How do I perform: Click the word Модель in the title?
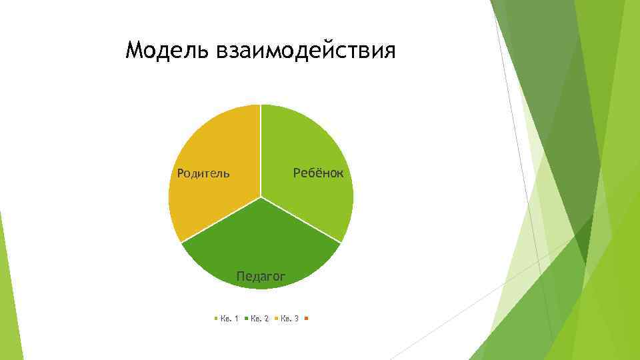[x=167, y=51]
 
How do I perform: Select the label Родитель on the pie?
[x=203, y=174]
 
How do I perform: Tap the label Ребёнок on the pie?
[x=319, y=173]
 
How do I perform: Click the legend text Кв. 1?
[x=230, y=319]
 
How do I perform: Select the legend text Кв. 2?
[x=260, y=319]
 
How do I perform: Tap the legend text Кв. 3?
[x=289, y=319]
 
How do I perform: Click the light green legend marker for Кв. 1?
[x=215, y=319]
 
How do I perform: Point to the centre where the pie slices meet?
[x=261, y=197]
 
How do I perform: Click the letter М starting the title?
[x=135, y=51]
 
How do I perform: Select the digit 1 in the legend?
[x=236, y=319]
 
